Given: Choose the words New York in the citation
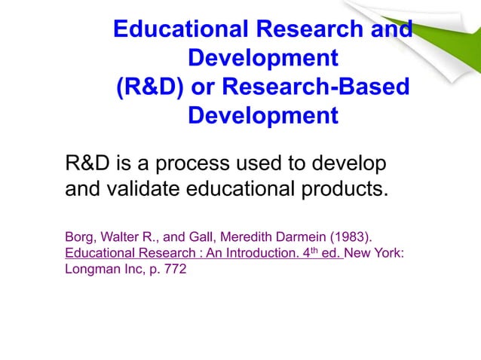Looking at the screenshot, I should click(375, 252).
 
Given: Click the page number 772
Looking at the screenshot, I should click(175, 270).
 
